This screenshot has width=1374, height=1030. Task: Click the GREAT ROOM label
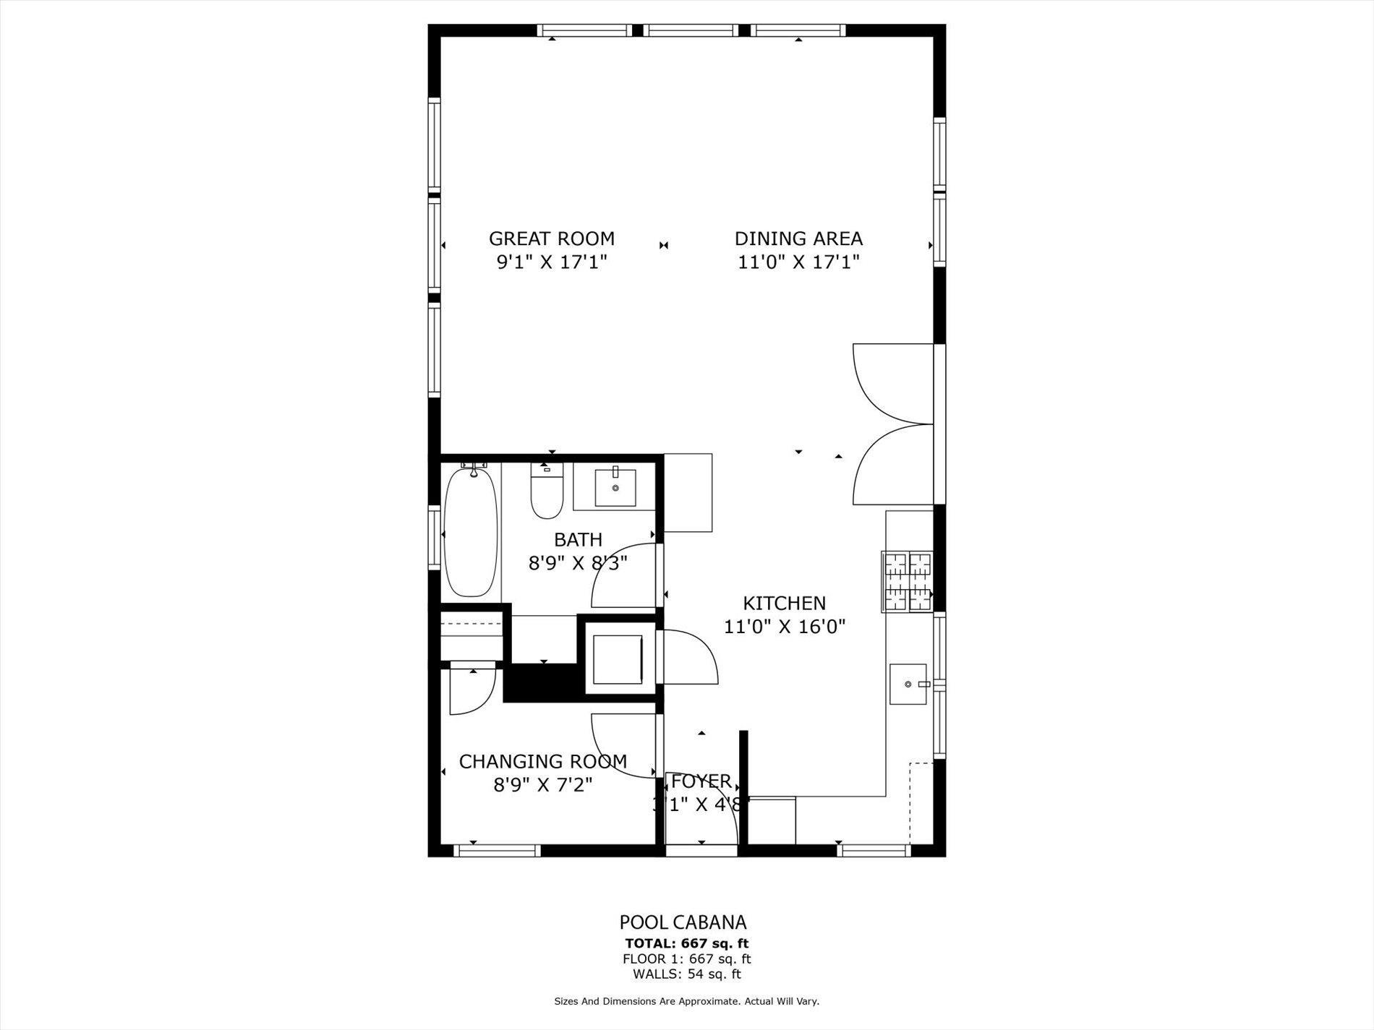[551, 239]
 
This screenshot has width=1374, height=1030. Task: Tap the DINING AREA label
[798, 239]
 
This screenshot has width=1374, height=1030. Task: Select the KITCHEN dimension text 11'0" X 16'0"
[785, 626]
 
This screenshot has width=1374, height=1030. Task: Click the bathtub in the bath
[471, 532]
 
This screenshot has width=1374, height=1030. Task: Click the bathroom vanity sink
[615, 488]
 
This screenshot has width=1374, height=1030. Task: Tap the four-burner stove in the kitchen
[908, 582]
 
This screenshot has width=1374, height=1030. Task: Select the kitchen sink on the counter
[908, 684]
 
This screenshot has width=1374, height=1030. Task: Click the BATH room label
[578, 540]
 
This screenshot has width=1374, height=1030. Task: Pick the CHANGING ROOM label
[542, 762]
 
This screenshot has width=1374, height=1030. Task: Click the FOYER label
[701, 781]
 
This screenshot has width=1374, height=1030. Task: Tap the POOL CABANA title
[683, 922]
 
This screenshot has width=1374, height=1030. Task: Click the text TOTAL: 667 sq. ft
[686, 943]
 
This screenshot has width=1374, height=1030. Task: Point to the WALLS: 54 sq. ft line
[686, 974]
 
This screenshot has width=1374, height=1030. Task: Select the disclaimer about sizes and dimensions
[686, 1002]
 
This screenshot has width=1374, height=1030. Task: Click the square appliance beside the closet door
[617, 659]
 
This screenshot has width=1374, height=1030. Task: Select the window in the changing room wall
[498, 851]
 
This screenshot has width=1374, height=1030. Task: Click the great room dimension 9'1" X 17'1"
[551, 262]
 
